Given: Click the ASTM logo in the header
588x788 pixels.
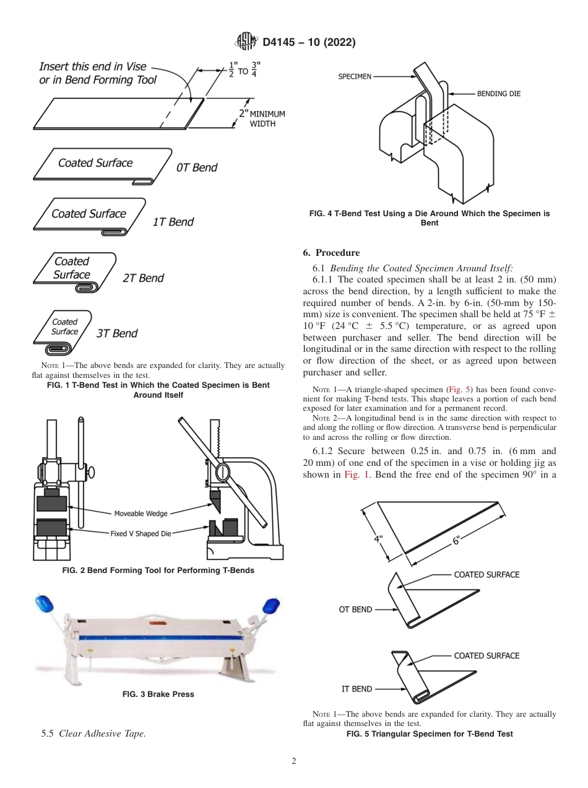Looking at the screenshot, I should tap(247, 42).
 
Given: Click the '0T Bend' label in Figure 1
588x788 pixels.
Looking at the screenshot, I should tap(197, 168).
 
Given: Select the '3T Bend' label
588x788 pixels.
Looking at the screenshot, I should tap(117, 333).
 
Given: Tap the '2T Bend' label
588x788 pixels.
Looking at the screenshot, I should tap(143, 278).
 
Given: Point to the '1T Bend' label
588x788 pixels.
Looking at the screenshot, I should tap(173, 222).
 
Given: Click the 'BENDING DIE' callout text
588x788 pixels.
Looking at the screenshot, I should tap(498, 94).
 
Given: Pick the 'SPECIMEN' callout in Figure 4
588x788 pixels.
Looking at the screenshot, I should tap(355, 77).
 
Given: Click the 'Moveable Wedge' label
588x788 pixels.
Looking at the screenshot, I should tap(141, 514).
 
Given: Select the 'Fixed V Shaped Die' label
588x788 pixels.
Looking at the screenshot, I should tap(141, 533).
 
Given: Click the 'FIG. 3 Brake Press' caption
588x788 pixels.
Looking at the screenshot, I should tap(158, 694).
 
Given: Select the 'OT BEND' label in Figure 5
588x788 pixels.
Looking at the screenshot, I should tap(355, 610).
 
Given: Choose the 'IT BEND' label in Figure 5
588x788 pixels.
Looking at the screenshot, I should tap(357, 689).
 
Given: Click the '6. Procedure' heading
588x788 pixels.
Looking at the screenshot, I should tap(331, 253).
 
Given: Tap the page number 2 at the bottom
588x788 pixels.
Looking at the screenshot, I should tap(293, 761).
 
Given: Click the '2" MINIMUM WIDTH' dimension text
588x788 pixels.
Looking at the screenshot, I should tap(261, 118).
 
